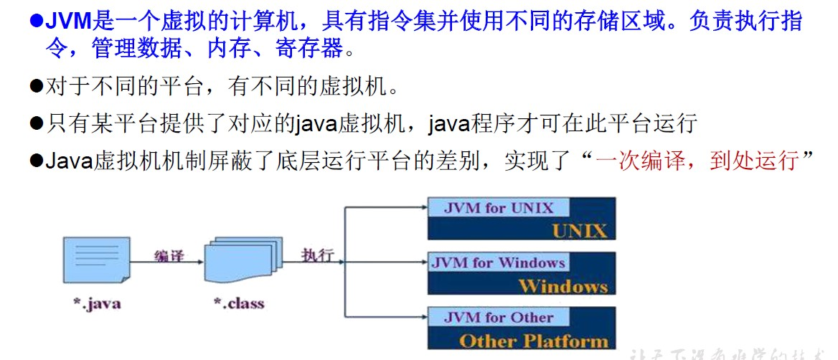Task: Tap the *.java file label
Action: point(96,303)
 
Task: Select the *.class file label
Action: point(238,303)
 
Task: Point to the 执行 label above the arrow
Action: point(318,255)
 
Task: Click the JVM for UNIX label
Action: point(499,209)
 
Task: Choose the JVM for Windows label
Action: point(499,262)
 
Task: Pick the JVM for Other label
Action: point(499,317)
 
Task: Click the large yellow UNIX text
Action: point(579,230)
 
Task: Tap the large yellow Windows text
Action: point(562,285)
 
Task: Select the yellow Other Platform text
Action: point(533,340)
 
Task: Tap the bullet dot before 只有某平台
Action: point(37,123)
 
